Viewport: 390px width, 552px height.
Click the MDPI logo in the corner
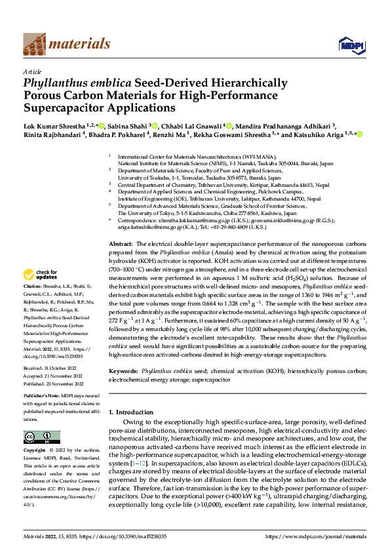349,44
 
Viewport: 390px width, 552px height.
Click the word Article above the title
31,72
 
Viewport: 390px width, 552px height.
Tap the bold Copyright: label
35,451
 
